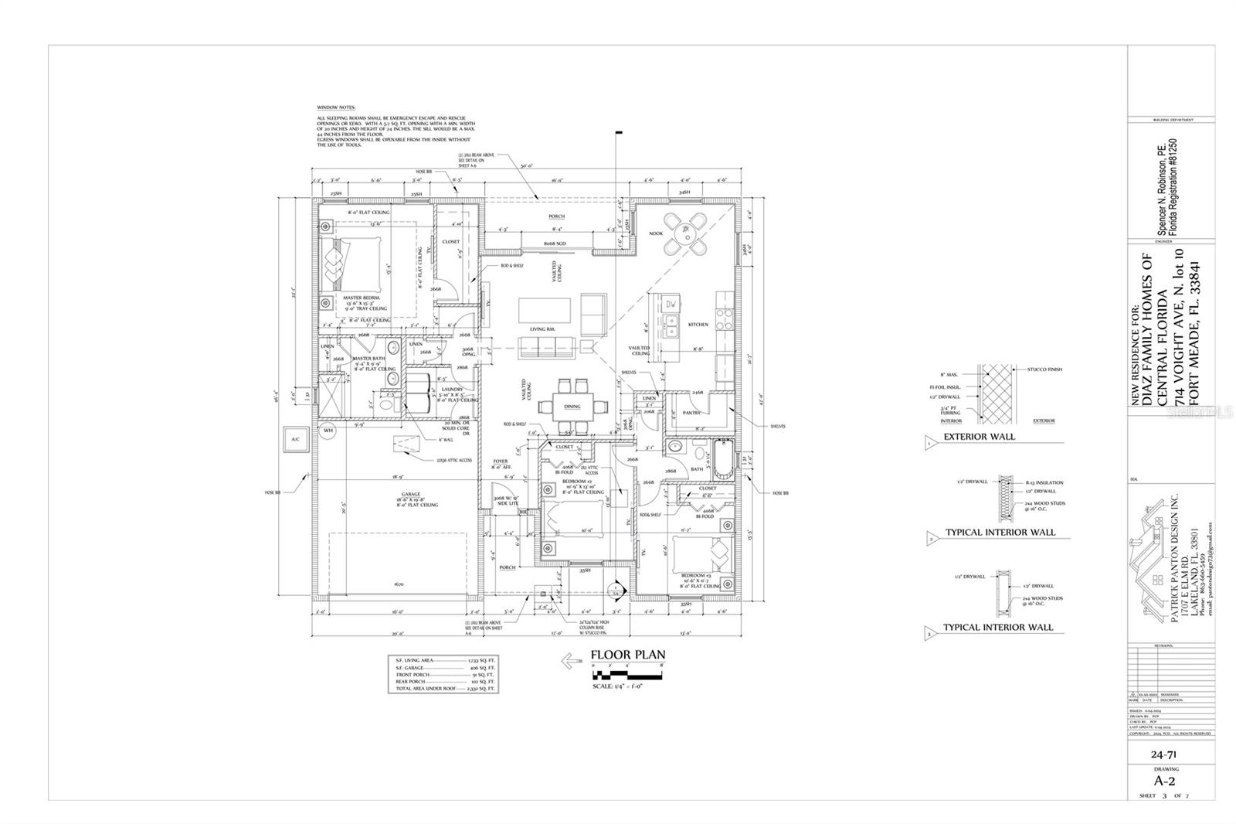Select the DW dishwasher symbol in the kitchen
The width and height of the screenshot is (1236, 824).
coord(671,305)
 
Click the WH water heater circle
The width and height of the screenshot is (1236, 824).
coord(328,431)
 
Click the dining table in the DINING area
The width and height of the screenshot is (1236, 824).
coord(572,405)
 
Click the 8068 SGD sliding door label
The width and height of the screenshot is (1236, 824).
coord(555,243)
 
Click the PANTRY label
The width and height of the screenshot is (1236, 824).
coord(691,413)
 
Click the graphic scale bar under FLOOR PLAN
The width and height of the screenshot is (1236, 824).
coord(626,675)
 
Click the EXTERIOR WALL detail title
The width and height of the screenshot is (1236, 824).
coord(979,437)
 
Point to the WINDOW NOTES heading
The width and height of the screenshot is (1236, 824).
coord(338,107)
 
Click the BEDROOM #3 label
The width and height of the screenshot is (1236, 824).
coord(694,575)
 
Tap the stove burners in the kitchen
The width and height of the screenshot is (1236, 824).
coord(724,314)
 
